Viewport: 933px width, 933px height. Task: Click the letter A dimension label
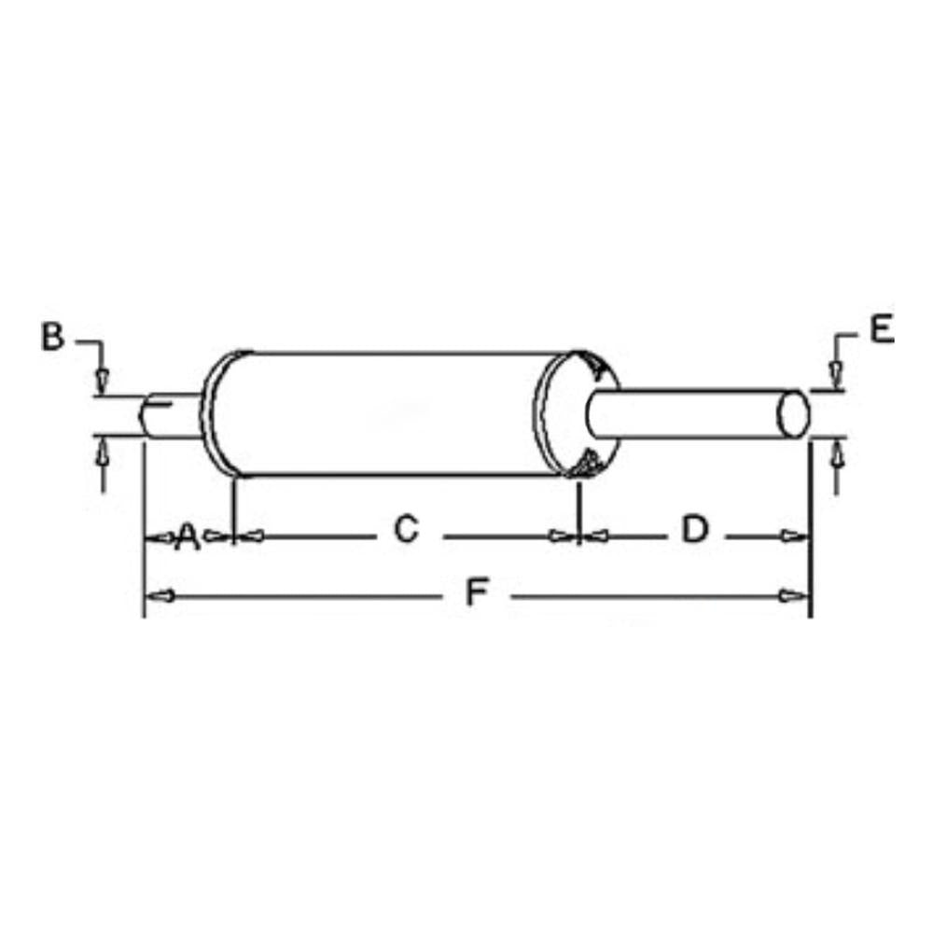point(188,536)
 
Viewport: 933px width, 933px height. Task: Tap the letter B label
point(52,337)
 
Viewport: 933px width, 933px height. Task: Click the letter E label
point(881,330)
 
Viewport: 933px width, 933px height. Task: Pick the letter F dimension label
point(478,592)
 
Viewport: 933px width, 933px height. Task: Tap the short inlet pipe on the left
point(173,415)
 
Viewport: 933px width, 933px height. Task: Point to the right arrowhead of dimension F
point(795,595)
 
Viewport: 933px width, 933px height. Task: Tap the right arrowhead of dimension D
point(795,536)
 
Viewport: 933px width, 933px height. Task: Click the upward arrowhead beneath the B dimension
point(103,453)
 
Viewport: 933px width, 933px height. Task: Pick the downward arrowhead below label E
point(837,375)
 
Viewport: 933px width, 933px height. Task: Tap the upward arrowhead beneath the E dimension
point(837,454)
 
